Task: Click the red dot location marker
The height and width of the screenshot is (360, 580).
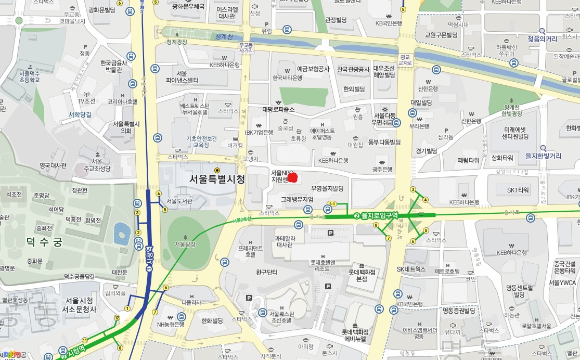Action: coord(292,178)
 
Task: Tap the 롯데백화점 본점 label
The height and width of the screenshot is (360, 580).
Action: coord(362,275)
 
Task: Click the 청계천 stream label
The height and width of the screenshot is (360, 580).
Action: coord(224,36)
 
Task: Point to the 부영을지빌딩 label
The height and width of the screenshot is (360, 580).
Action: coord(327,188)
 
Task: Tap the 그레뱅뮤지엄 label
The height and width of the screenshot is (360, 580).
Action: coord(297,199)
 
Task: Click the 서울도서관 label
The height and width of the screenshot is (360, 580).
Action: coord(179,201)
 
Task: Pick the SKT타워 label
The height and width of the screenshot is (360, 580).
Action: coord(518,190)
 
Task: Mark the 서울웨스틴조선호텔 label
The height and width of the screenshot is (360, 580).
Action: coord(282,317)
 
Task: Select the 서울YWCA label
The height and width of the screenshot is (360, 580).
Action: coord(562,283)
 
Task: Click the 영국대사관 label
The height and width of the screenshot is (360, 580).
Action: coord(53,165)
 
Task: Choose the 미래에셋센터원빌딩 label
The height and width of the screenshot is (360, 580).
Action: coord(509,133)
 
